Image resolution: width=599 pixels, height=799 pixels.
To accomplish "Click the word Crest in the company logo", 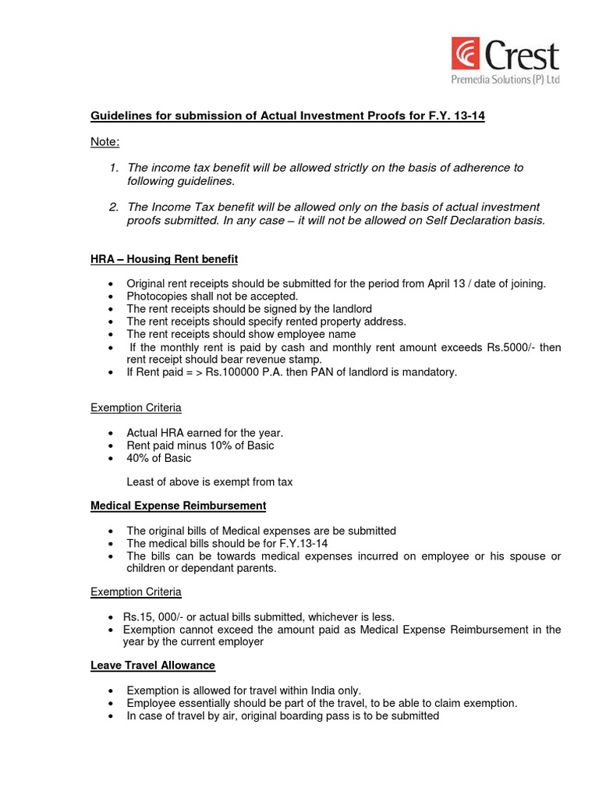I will click(523, 56).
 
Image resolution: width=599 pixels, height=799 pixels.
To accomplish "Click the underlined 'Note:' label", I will click(105, 141).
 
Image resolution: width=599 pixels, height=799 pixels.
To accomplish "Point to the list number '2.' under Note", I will click(114, 207).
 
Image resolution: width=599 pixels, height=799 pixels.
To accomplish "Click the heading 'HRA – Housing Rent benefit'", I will click(164, 258).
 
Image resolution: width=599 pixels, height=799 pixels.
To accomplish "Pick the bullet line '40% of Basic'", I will click(158, 458).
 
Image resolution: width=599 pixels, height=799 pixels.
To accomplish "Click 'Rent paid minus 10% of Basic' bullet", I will click(200, 446).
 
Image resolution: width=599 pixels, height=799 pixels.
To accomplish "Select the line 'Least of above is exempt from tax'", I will click(210, 482).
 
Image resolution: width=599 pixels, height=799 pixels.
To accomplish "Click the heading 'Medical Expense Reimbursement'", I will click(178, 506).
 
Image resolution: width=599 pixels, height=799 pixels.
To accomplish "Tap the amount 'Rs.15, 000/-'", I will click(155, 617).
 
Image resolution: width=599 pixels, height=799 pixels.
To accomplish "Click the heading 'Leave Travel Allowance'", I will click(153, 666).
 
